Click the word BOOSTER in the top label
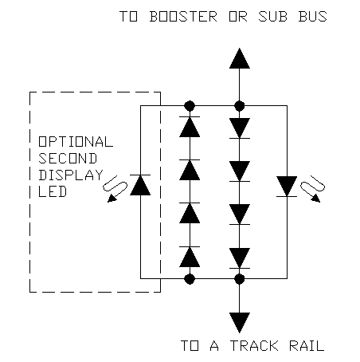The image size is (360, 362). coord(183,17)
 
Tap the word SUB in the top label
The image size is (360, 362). coord(272,17)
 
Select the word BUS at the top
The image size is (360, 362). coord(312,17)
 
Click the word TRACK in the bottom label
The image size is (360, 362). coord(254,346)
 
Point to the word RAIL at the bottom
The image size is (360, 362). coord(307,346)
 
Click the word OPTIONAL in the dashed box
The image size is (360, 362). coord(76,142)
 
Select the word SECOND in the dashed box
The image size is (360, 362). coord(68,159)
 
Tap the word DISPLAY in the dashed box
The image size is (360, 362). coord(71,175)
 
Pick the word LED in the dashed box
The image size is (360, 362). coord(53,191)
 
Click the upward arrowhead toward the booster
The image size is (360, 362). coord(240,58)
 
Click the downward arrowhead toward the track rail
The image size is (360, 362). coord(240,323)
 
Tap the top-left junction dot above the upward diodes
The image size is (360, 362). coord(190,106)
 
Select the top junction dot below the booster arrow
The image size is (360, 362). coord(240,106)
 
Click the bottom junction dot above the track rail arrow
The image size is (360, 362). coord(240,279)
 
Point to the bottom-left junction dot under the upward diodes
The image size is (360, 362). coord(190,279)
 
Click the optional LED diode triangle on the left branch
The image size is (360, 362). coord(140,185)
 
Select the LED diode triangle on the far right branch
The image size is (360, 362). coord(287,187)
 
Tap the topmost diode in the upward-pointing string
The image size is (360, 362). coord(190,127)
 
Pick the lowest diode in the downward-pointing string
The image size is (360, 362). coord(240,258)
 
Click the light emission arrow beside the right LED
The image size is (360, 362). coord(313,188)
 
